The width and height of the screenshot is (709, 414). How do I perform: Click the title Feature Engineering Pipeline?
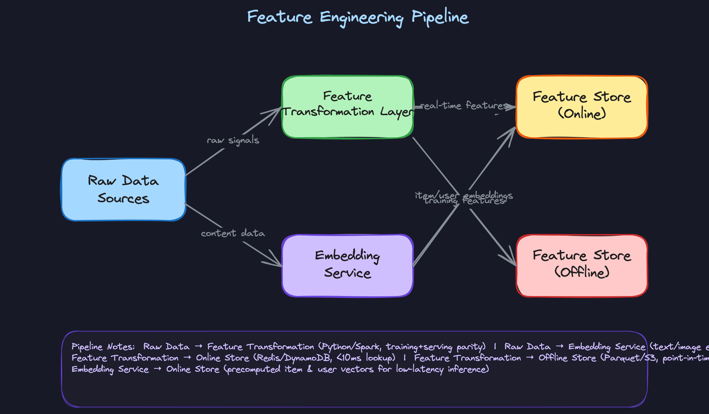[x=357, y=17]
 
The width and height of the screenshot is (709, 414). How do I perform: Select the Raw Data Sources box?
[x=123, y=189]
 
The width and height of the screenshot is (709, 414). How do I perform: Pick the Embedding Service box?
[x=347, y=265]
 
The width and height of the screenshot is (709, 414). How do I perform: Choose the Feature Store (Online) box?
[x=581, y=106]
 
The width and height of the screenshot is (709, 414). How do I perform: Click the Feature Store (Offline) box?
[x=581, y=265]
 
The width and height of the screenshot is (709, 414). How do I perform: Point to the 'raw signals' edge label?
[x=233, y=140]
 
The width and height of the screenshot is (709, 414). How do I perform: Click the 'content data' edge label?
[x=233, y=233]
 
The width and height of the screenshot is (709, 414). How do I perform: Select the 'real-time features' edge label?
[x=464, y=105]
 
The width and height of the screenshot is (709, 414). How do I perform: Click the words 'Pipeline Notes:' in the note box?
[x=103, y=347]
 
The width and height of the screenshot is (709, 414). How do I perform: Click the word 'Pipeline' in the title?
[x=440, y=17]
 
